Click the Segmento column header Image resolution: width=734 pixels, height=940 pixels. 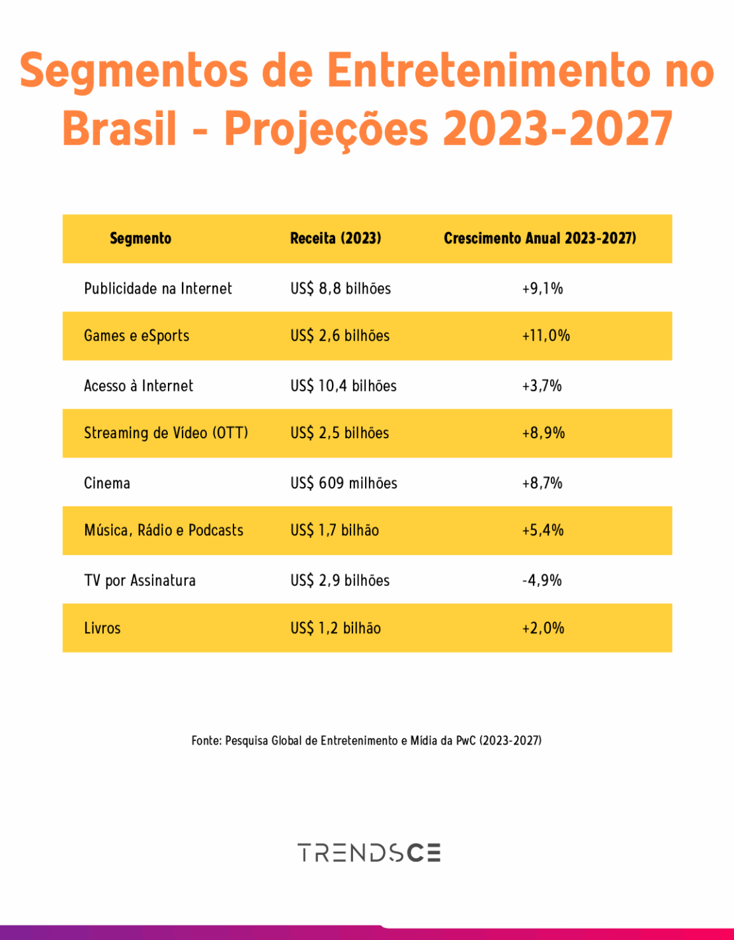pos(140,239)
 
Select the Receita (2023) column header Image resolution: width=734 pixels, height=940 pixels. pos(335,239)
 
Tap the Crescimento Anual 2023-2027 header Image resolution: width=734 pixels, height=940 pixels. pos(540,239)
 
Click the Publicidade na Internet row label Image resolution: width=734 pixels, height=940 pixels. pos(158,289)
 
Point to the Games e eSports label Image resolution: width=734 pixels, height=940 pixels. pos(136,336)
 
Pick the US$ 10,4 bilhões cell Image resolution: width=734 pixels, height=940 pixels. pos(343,386)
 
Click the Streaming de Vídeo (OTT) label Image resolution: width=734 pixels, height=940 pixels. pos(166,433)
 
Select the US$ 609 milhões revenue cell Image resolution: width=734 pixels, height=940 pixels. pos(344,483)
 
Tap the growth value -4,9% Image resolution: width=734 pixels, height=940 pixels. pos(542,580)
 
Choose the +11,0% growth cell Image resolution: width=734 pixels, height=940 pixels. pos(546,336)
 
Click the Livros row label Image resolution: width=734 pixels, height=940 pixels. pos(102,628)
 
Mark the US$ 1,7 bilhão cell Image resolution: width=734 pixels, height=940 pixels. pos(335,530)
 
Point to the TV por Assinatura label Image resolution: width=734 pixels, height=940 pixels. pos(140,580)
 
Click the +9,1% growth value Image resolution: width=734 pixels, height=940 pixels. pos(542,289)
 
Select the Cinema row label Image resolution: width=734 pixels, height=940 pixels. pos(107,483)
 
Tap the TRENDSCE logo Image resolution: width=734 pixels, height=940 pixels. pos(368,853)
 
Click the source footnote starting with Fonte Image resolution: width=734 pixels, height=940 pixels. pos(366,740)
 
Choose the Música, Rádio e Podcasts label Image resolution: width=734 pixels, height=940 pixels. pos(163,530)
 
